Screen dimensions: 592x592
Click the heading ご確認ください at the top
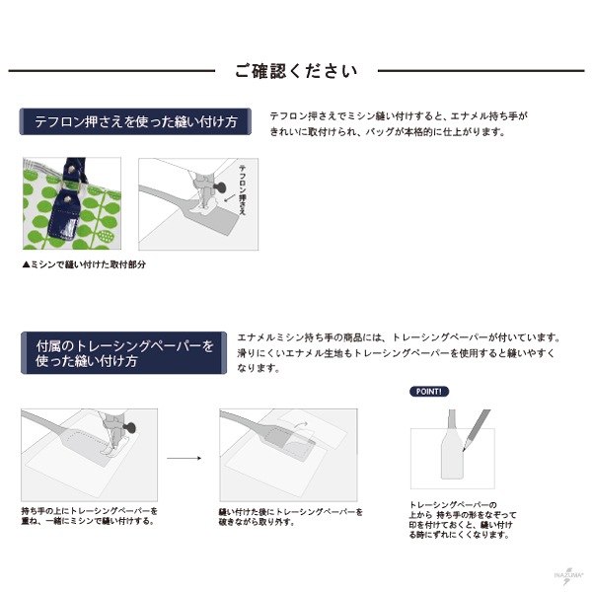296,71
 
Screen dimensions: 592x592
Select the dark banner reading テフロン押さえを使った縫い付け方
135,123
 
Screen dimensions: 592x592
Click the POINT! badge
429,391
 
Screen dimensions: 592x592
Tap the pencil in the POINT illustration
475,426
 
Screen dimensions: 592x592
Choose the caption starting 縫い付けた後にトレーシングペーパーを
290,516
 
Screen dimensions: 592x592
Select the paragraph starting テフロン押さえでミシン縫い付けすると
400,123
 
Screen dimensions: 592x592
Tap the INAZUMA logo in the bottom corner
564,576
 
